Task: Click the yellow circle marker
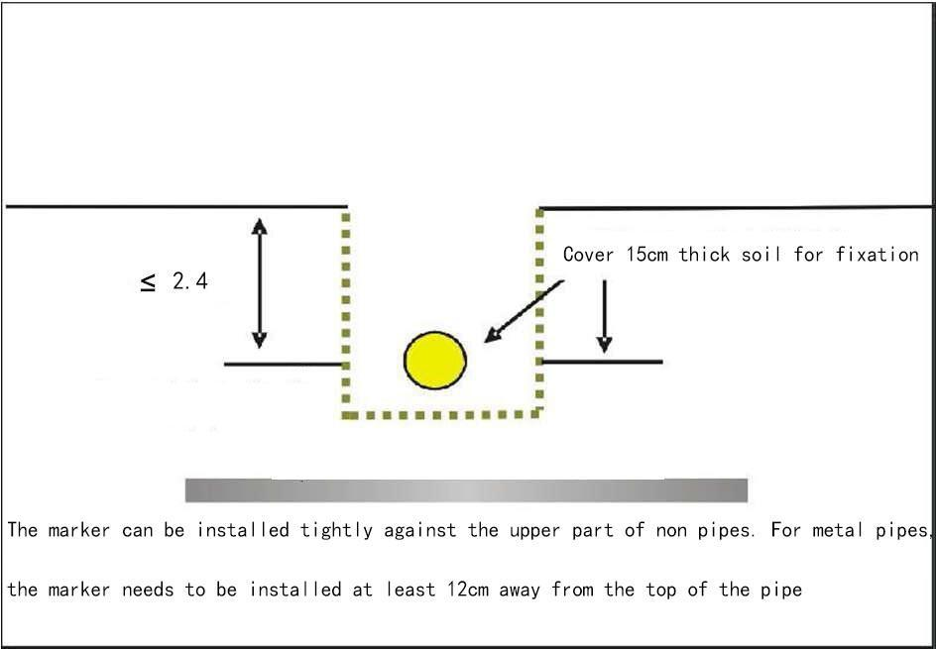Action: point(435,361)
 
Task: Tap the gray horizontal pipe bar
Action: point(466,489)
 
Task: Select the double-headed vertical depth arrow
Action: point(259,282)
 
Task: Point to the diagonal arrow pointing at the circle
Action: point(523,311)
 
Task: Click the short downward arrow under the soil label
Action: point(604,317)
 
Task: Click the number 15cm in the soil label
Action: point(647,255)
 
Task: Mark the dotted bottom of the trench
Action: point(442,414)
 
